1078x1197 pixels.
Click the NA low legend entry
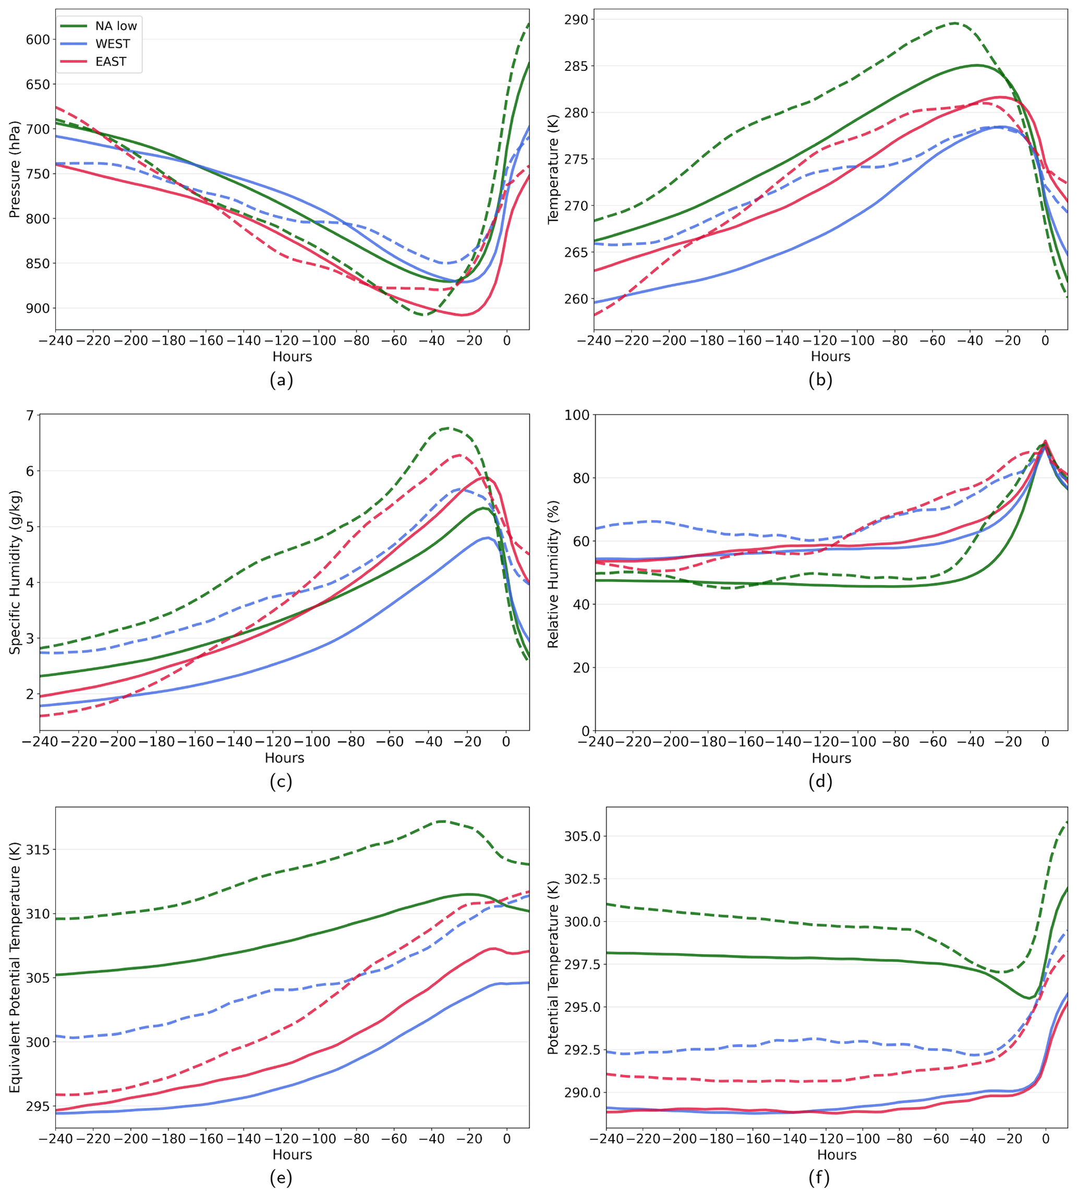[x=115, y=26]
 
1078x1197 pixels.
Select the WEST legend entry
[x=113, y=44]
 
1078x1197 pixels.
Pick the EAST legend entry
[x=111, y=62]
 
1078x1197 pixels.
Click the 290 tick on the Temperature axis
[x=576, y=19]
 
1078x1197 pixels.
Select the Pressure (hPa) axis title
[x=15, y=169]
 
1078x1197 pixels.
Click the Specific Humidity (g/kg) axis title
[x=15, y=572]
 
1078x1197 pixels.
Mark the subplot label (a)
[x=281, y=380]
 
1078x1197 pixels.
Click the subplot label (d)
[x=820, y=782]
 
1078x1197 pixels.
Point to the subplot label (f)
[x=819, y=1178]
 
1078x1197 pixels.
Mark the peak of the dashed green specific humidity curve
[x=448, y=428]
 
